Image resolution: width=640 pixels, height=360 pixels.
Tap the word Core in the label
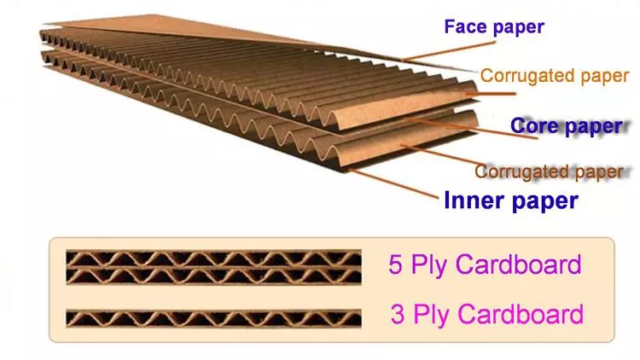coord(535,126)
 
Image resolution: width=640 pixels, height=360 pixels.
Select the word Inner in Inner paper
coord(474,201)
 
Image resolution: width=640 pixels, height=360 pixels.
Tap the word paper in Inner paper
coord(544,202)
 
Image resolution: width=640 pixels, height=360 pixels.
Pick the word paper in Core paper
coord(592,127)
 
